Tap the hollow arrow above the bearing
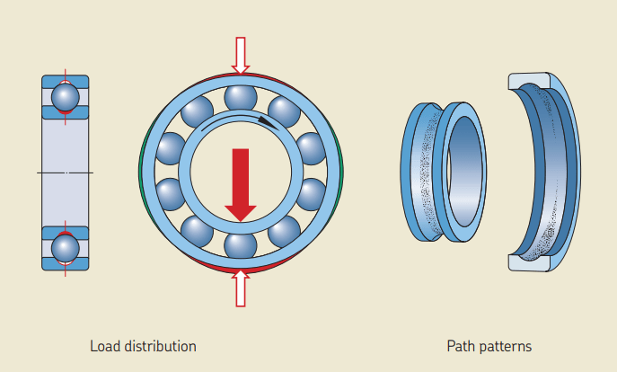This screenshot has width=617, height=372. [x=240, y=55]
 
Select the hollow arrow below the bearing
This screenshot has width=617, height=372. [x=240, y=288]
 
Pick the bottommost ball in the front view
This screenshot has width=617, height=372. [x=240, y=244]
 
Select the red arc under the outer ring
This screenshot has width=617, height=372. [x=240, y=269]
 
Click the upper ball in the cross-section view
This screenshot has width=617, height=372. [x=65, y=95]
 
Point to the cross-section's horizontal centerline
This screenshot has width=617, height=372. [x=65, y=171]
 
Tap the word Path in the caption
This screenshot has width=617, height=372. [x=460, y=346]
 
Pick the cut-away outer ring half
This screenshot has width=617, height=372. [x=548, y=171]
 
